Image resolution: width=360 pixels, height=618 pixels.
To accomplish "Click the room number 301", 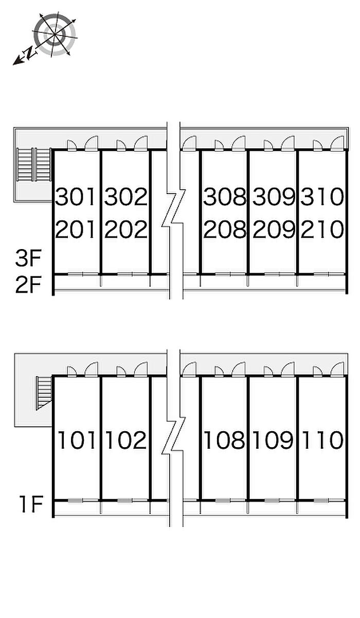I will coord(76,197).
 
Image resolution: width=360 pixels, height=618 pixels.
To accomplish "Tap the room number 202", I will coord(126,229).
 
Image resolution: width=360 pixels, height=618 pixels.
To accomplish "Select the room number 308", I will coord(225,197).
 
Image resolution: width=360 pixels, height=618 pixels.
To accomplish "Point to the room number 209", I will coord(274,229).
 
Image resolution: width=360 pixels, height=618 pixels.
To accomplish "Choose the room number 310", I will coord(322,197).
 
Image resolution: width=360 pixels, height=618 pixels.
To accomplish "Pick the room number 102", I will coord(126,440).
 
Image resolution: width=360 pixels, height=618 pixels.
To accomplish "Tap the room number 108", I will coord(225,440).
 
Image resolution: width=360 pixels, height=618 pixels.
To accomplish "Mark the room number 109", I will coord(273,440).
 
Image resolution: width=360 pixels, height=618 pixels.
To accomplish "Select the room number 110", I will coord(322,440).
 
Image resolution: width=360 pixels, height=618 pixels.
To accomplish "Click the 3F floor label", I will coord(28,259).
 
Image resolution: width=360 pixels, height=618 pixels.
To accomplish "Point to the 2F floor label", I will coord(28,284).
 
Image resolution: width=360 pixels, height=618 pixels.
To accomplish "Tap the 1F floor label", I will coord(31,505).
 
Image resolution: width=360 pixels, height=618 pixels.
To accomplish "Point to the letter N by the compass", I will coord(30,52).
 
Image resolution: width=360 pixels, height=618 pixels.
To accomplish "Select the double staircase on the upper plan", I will coord(33,165).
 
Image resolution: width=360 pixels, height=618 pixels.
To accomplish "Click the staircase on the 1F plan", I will coord(44,393).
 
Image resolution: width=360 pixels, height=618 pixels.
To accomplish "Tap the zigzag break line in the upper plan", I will coord(174,208).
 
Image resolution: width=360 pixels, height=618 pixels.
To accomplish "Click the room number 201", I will coord(76,229).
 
